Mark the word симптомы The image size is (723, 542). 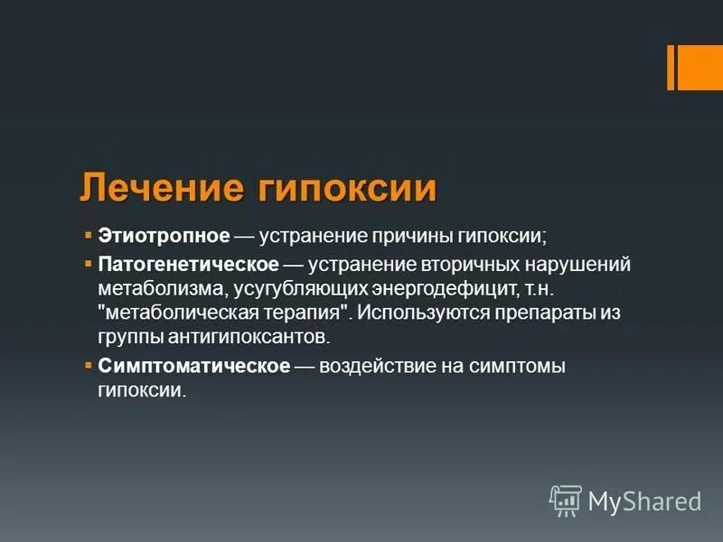pyautogui.click(x=521, y=366)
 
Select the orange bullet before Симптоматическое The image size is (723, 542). pyautogui.click(x=88, y=366)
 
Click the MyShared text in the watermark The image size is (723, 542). pyautogui.click(x=644, y=500)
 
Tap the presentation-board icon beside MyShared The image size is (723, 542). pyautogui.click(x=566, y=500)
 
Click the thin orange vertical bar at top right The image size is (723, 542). pyautogui.click(x=671, y=68)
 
